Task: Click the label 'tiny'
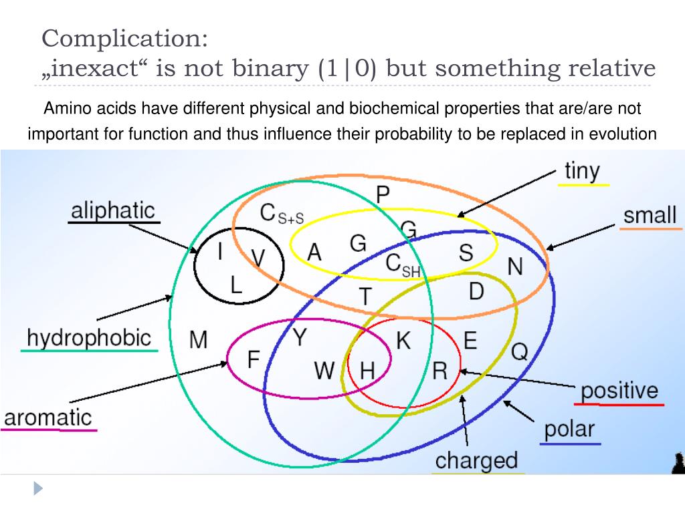[582, 171]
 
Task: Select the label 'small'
[650, 215]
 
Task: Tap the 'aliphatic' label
[112, 210]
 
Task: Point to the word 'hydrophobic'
[89, 337]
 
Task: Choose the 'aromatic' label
[47, 417]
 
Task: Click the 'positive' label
[619, 391]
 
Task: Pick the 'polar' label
[569, 429]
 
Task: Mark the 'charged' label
[476, 460]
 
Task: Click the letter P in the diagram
[383, 195]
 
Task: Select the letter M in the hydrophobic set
[199, 339]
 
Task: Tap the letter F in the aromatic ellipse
[254, 360]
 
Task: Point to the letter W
[324, 370]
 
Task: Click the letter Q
[520, 351]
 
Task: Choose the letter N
[514, 267]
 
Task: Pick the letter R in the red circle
[439, 370]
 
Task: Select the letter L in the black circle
[235, 286]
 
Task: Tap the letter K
[403, 341]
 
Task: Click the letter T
[365, 296]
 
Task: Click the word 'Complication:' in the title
[125, 38]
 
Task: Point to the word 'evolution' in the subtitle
[623, 134]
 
